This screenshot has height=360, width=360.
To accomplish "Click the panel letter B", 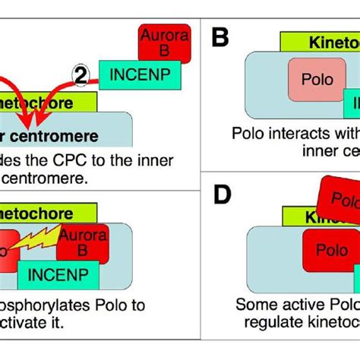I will [219, 37].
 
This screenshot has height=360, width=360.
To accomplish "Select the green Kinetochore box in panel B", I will [319, 43].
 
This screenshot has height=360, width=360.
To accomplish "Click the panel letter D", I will [221, 195].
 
